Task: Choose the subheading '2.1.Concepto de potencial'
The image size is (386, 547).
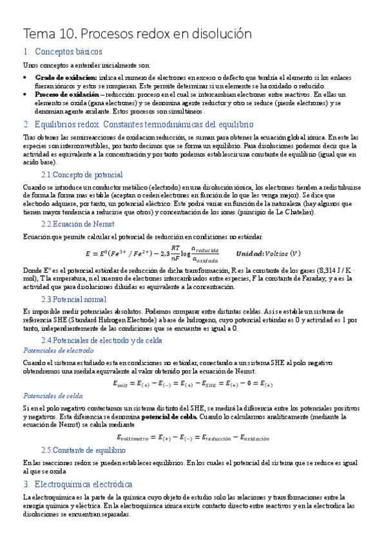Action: (x=82, y=175)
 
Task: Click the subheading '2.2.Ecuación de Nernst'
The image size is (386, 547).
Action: (x=78, y=223)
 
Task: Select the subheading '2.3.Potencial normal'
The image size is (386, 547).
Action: (x=74, y=299)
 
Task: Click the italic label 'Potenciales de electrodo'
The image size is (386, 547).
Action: (x=58, y=350)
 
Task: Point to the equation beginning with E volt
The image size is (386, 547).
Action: (x=192, y=384)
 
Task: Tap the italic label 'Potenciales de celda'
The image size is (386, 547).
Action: (x=53, y=395)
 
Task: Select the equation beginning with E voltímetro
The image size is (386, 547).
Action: (x=192, y=438)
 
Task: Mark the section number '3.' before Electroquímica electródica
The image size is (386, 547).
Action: (x=27, y=483)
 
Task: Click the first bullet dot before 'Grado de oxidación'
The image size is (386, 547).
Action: (x=25, y=76)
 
